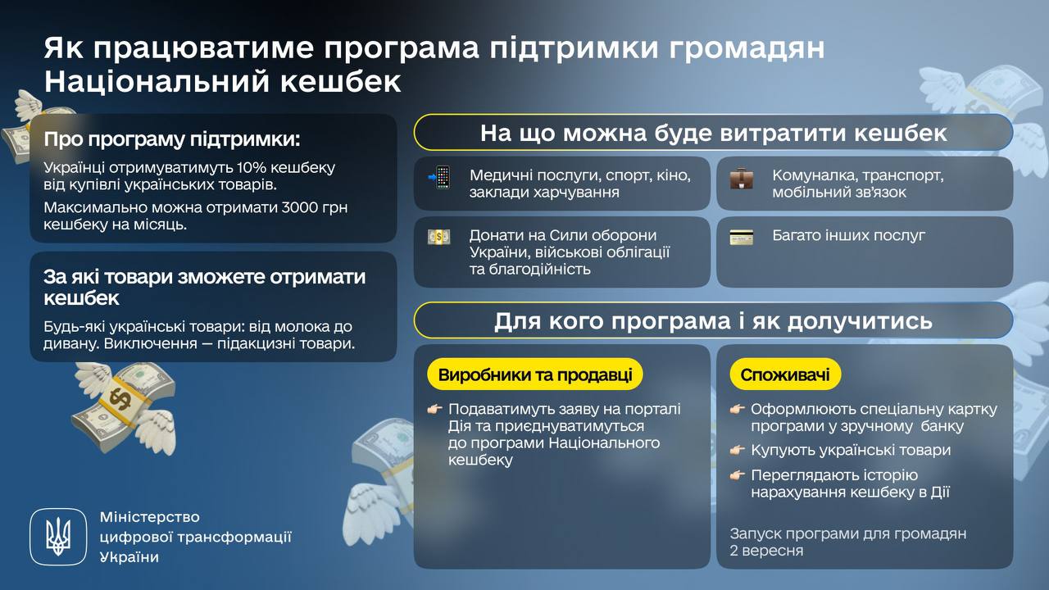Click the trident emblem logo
tap(58, 537)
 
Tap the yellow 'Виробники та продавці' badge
tap(535, 374)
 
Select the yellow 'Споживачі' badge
tap(785, 374)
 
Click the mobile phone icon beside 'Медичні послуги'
tap(439, 177)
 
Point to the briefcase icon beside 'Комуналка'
tap(742, 178)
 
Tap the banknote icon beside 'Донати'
tap(438, 237)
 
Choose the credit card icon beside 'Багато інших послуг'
tap(742, 237)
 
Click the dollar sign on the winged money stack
tap(120, 397)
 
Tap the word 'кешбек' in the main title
tap(340, 81)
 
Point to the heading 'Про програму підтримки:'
tap(172, 139)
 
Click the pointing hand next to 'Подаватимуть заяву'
tap(434, 409)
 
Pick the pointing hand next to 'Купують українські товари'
tap(737, 451)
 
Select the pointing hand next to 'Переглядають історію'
tap(737, 476)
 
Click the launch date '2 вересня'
tap(766, 551)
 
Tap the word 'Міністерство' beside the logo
tap(150, 517)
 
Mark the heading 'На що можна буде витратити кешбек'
tap(713, 133)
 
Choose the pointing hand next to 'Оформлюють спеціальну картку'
tap(737, 409)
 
